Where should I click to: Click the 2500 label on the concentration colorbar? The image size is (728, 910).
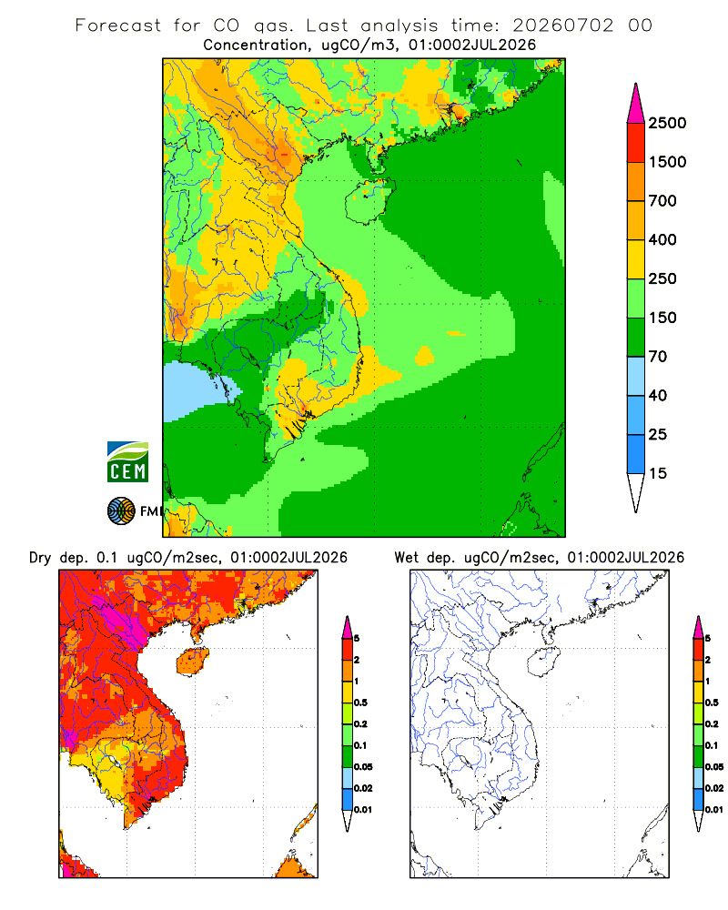[667, 123]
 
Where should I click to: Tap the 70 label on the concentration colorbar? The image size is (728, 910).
[658, 357]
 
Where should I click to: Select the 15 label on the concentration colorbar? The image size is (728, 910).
[658, 473]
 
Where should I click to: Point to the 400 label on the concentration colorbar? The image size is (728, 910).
[662, 239]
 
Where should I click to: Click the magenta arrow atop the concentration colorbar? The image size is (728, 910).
[636, 105]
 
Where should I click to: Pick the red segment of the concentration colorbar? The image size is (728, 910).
[636, 143]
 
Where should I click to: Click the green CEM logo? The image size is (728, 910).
[127, 462]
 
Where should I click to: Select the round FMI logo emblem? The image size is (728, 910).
[121, 511]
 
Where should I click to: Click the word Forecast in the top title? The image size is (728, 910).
[118, 25]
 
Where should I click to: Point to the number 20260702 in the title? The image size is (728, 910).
[562, 25]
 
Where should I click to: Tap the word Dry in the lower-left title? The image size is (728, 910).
[40, 558]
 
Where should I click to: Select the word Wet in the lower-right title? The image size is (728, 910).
[406, 558]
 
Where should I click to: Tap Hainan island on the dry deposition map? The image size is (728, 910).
[193, 661]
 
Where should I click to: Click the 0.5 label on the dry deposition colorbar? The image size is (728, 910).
[360, 703]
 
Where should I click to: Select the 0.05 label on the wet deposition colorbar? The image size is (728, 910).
[714, 767]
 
